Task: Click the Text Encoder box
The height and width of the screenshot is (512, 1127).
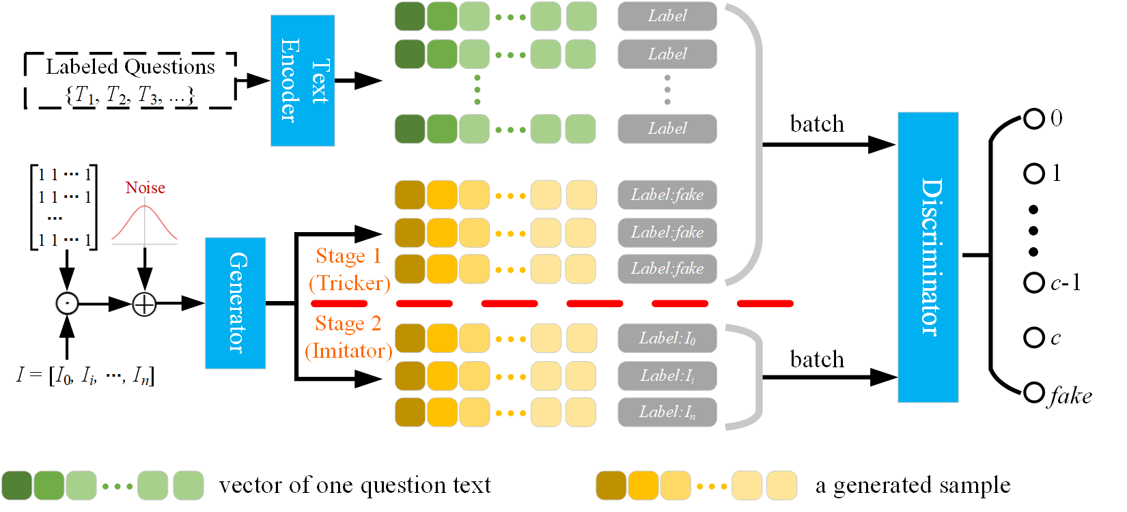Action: pyautogui.click(x=302, y=81)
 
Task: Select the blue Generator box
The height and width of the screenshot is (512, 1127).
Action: pyautogui.click(x=235, y=302)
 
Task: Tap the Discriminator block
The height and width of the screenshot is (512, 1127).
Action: pyautogui.click(x=928, y=257)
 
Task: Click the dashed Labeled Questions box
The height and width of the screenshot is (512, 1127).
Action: pyautogui.click(x=130, y=80)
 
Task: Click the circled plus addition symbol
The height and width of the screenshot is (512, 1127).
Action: pyautogui.click(x=144, y=303)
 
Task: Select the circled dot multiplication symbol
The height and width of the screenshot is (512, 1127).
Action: pyautogui.click(x=67, y=303)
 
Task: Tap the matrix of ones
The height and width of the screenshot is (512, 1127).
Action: pyautogui.click(x=64, y=207)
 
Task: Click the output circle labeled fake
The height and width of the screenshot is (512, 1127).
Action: pyautogui.click(x=1033, y=392)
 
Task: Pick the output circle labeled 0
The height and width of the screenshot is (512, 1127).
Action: pyautogui.click(x=1033, y=119)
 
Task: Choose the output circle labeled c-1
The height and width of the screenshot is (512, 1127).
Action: pyautogui.click(x=1033, y=283)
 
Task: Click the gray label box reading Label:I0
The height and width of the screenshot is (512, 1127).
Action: pyautogui.click(x=667, y=339)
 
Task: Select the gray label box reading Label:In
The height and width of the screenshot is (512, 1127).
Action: pyautogui.click(x=667, y=412)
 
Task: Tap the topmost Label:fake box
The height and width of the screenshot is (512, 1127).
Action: pyautogui.click(x=667, y=195)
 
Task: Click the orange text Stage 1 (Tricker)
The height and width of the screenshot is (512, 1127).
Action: pyautogui.click(x=349, y=270)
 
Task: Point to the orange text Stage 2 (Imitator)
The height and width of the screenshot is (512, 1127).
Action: pyautogui.click(x=348, y=337)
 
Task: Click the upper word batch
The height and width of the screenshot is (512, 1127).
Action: pyautogui.click(x=817, y=124)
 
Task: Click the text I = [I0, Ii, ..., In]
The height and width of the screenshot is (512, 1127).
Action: pyautogui.click(x=85, y=375)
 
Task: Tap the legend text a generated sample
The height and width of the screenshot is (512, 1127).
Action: pyautogui.click(x=913, y=485)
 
